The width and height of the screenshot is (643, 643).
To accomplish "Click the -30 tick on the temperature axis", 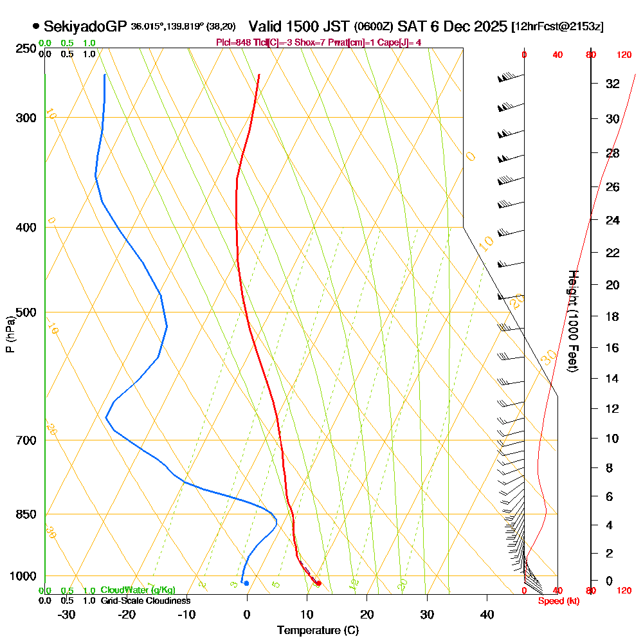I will click(67, 614).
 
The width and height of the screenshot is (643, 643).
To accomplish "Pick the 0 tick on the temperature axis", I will click(247, 614).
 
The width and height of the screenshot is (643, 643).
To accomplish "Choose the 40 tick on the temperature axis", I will click(487, 614).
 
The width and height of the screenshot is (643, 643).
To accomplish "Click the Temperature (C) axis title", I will click(318, 631).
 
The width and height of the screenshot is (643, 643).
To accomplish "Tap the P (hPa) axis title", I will click(10, 334).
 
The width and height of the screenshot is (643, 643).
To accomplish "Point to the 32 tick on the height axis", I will click(613, 84).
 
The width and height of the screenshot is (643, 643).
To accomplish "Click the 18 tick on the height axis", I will click(613, 316).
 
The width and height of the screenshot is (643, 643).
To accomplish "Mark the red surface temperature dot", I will click(319, 583).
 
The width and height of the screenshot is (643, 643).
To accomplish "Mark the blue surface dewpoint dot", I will click(246, 583).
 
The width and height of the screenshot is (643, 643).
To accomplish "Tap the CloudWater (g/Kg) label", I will click(138, 590).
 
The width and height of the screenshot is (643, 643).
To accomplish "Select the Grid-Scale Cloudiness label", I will click(145, 601).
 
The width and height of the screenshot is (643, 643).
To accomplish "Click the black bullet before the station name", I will click(35, 26).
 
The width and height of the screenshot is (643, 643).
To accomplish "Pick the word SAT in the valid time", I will click(411, 26).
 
